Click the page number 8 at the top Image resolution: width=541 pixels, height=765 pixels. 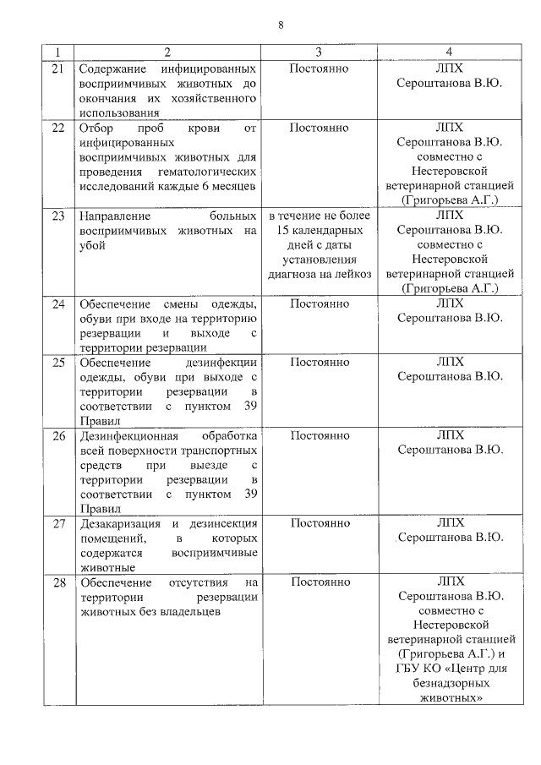tap(281, 25)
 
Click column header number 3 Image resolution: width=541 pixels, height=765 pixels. tap(319, 52)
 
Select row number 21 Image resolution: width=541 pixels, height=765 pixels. tap(58, 68)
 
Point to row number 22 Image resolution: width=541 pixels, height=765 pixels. tap(58, 128)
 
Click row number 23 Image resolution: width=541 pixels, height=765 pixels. tap(58, 216)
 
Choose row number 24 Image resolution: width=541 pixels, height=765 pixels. tap(58, 303)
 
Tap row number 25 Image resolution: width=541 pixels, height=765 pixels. tap(58, 362)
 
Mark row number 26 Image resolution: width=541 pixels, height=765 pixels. tap(58, 435)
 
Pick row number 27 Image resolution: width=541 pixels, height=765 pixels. tap(58, 523)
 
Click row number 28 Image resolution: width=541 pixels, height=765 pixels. tap(58, 582)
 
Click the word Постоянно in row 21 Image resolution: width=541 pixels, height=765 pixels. tap(319, 68)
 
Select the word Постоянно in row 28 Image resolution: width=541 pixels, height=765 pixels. tap(319, 582)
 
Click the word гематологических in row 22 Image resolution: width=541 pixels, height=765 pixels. tap(205, 172)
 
